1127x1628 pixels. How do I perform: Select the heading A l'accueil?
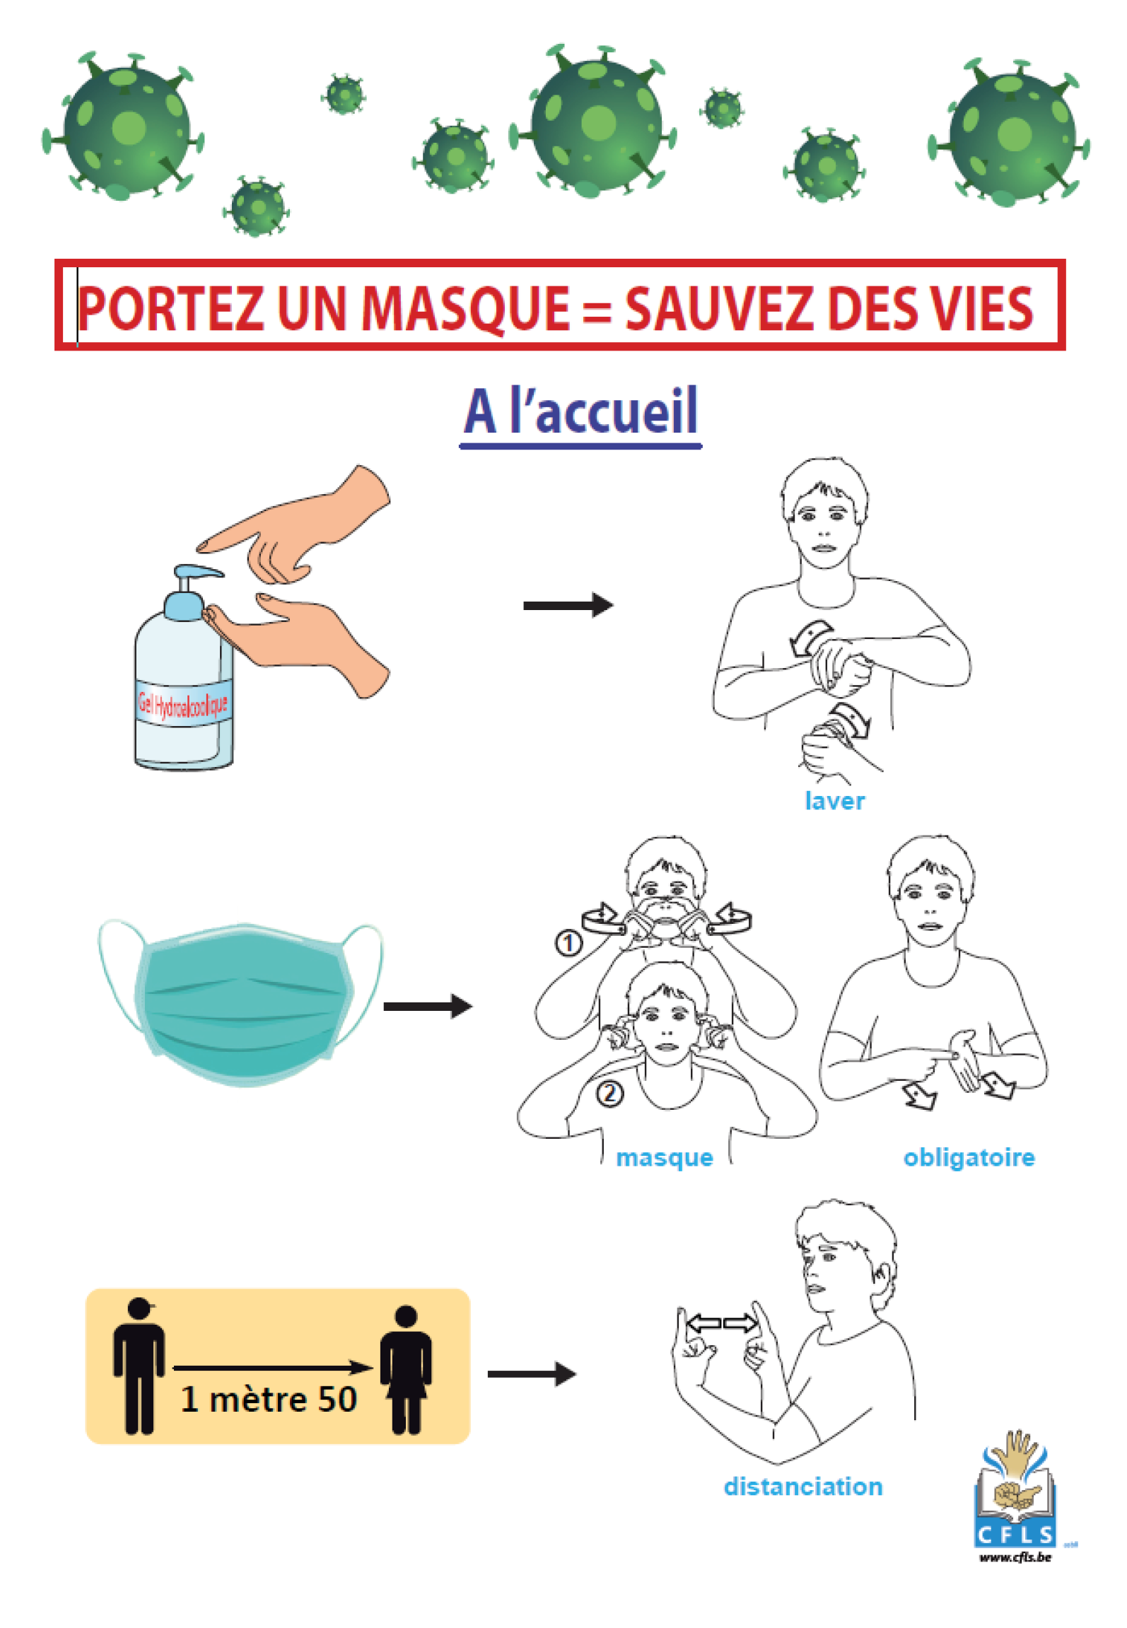pos(580,412)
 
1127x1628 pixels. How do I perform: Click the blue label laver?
pos(834,801)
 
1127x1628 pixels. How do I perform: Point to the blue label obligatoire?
pos(969,1157)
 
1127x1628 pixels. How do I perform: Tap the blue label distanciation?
pos(802,1486)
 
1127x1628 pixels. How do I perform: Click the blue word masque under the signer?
pos(664,1157)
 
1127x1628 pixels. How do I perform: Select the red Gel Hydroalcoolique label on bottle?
pos(183,703)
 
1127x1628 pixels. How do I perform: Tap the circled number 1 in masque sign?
pos(568,943)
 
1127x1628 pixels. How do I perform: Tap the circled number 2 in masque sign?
pos(610,1094)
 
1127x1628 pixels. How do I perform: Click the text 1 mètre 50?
pos(269,1399)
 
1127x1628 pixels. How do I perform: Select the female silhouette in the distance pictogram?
pos(406,1369)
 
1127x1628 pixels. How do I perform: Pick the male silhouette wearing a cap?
pos(139,1366)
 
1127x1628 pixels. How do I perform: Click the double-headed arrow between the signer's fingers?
pos(721,1323)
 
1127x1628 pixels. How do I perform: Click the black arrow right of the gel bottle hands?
pos(568,605)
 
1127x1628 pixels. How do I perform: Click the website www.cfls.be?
pos(1015,1557)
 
